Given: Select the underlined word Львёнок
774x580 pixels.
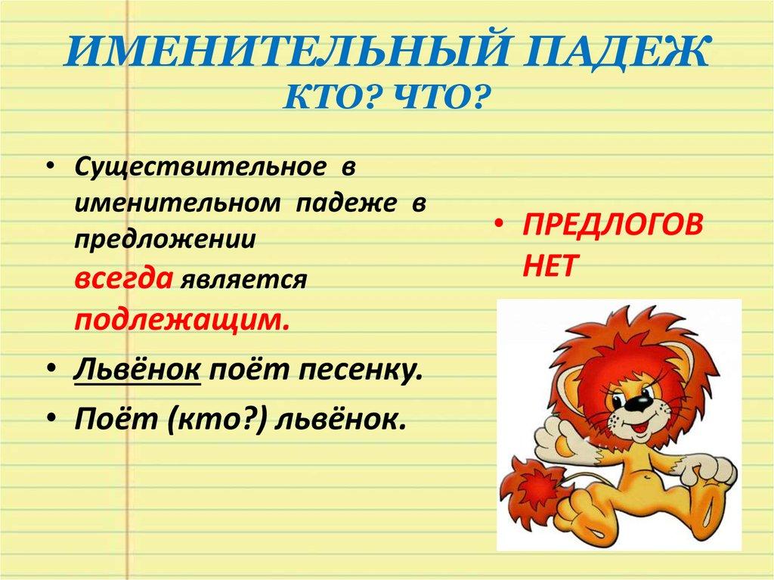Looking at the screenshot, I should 137,371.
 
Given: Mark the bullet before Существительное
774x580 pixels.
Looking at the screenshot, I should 51,169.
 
